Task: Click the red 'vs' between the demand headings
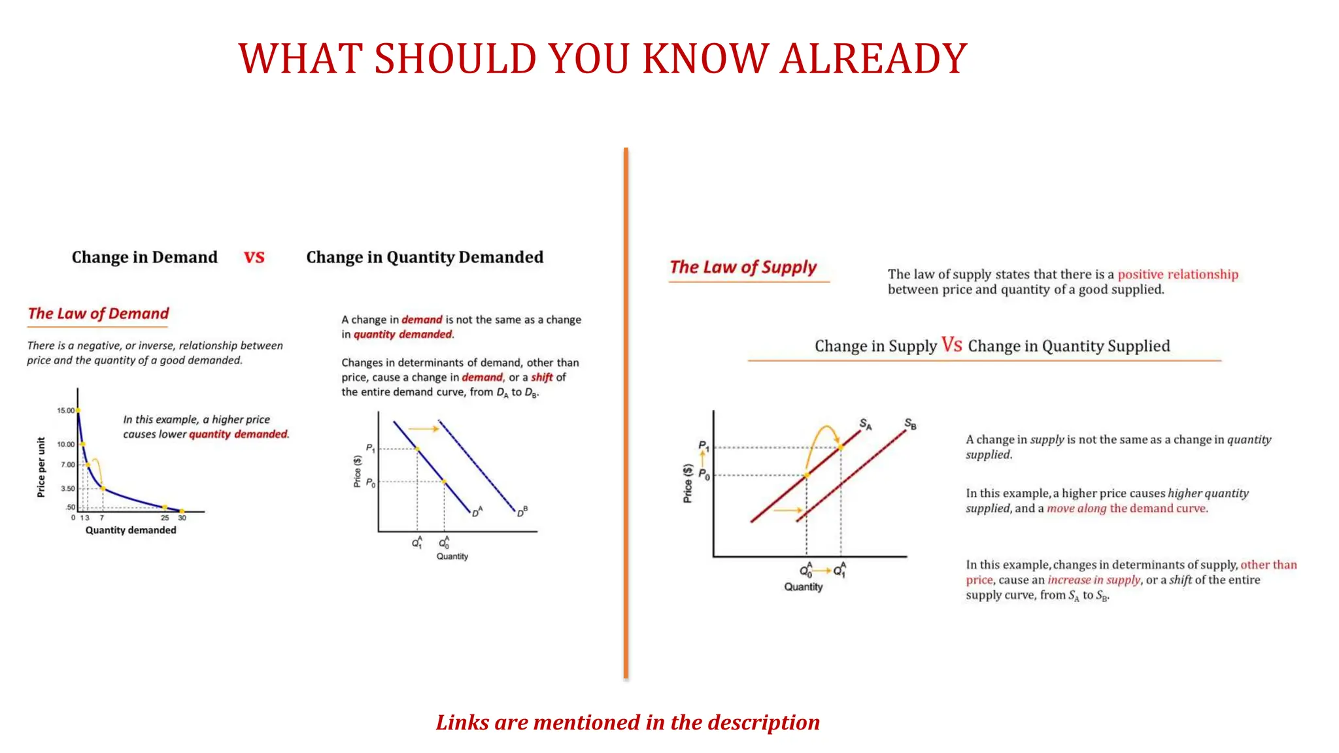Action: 254,257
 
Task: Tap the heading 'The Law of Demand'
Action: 98,314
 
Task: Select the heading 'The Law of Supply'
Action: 743,267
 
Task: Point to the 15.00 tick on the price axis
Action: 65,410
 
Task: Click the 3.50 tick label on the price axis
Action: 67,488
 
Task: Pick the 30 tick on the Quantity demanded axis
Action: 182,518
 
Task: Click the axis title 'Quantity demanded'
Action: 131,530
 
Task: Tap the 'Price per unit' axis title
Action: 41,467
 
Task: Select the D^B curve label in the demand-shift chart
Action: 522,512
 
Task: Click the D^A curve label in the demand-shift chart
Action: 477,512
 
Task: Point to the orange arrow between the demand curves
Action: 424,429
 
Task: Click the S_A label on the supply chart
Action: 865,424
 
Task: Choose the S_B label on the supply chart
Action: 910,424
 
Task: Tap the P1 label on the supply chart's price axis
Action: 703,446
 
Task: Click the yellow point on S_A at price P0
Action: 806,475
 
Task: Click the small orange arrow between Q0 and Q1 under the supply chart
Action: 822,571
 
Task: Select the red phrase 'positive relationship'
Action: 1178,275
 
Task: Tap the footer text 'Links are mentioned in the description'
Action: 628,722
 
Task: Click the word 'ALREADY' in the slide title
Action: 873,59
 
